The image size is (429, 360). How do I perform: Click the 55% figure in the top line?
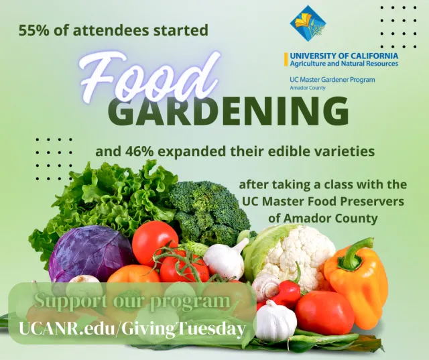point(33,31)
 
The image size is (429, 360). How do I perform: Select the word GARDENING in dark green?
point(228,111)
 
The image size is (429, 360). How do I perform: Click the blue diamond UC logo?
point(308,23)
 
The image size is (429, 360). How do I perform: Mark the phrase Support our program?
point(131,301)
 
